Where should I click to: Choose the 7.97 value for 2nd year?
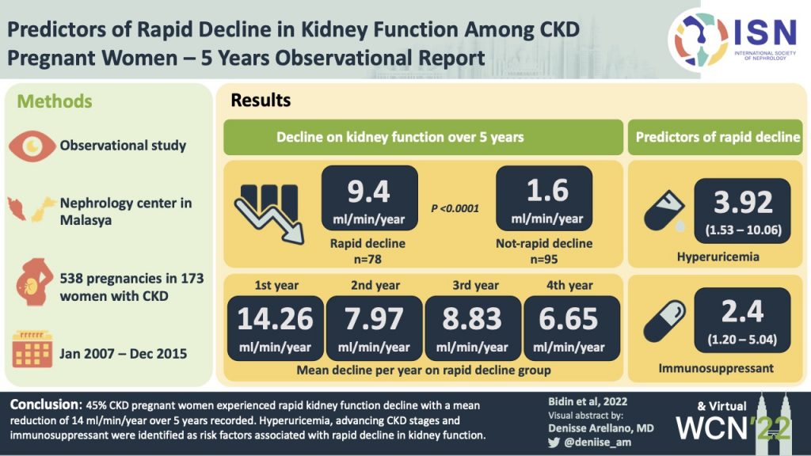(374, 318)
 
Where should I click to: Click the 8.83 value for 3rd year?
(472, 318)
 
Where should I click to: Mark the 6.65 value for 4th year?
(569, 318)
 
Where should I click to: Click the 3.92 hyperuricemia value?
(742, 203)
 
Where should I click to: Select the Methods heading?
(55, 101)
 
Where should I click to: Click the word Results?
(261, 101)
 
